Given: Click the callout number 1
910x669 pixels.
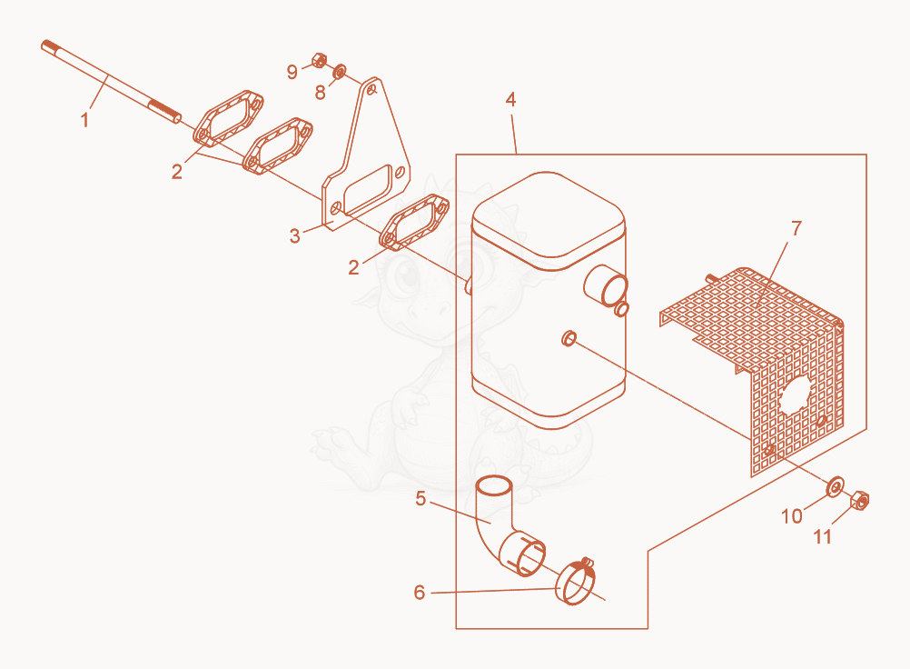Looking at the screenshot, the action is pyautogui.click(x=84, y=120).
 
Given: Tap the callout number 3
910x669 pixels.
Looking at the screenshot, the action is pyautogui.click(x=295, y=235).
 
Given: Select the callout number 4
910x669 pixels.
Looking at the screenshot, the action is pyautogui.click(x=510, y=99).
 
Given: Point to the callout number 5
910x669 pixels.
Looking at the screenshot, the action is pyautogui.click(x=420, y=498).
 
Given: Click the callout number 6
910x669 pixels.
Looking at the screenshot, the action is pyautogui.click(x=420, y=593).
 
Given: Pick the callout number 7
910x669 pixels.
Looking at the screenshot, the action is pyautogui.click(x=796, y=228).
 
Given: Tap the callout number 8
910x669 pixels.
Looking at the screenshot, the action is pyautogui.click(x=321, y=92).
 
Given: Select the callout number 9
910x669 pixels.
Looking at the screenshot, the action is pyautogui.click(x=292, y=72).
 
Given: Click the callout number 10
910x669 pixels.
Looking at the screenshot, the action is pyautogui.click(x=792, y=515).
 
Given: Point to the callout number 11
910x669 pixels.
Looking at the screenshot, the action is pyautogui.click(x=823, y=536).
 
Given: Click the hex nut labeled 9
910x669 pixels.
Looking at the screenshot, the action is pyautogui.click(x=319, y=60).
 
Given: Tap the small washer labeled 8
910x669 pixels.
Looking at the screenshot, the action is pyautogui.click(x=339, y=72).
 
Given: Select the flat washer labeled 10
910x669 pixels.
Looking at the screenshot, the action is pyautogui.click(x=836, y=486).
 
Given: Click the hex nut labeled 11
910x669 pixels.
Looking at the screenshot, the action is pyautogui.click(x=859, y=500).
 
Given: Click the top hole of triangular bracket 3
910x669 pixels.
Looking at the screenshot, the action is pyautogui.click(x=372, y=90).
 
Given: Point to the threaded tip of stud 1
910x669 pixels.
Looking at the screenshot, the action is pyautogui.click(x=48, y=45).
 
